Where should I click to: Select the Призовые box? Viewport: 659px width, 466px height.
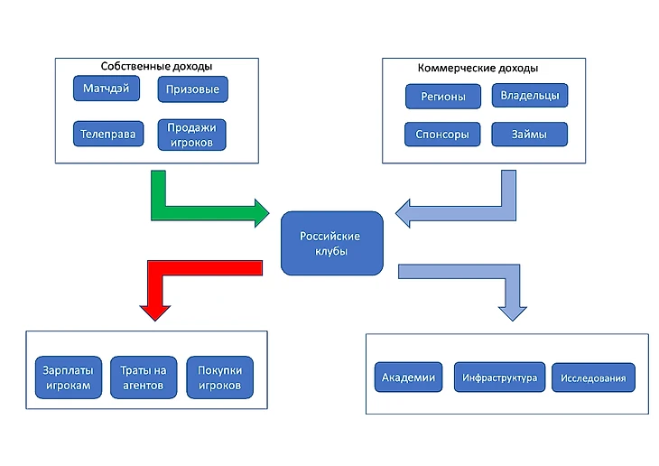click(193, 89)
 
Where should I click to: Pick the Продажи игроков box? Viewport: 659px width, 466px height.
click(191, 134)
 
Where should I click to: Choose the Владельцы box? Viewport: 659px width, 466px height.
click(530, 95)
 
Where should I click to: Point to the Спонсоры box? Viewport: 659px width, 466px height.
click(442, 135)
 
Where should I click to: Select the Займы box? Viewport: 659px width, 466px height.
click(530, 135)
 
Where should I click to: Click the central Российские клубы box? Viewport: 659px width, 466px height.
click(331, 243)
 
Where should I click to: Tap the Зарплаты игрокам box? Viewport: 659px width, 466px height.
click(66, 378)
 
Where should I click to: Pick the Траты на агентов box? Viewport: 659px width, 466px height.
click(143, 378)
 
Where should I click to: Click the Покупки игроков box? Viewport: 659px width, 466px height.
click(219, 378)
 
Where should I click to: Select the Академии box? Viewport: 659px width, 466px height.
click(409, 377)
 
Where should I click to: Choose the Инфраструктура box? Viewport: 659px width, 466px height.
click(500, 377)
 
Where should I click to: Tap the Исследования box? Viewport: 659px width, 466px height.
click(593, 377)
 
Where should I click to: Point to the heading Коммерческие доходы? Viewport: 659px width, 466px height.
click(478, 68)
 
